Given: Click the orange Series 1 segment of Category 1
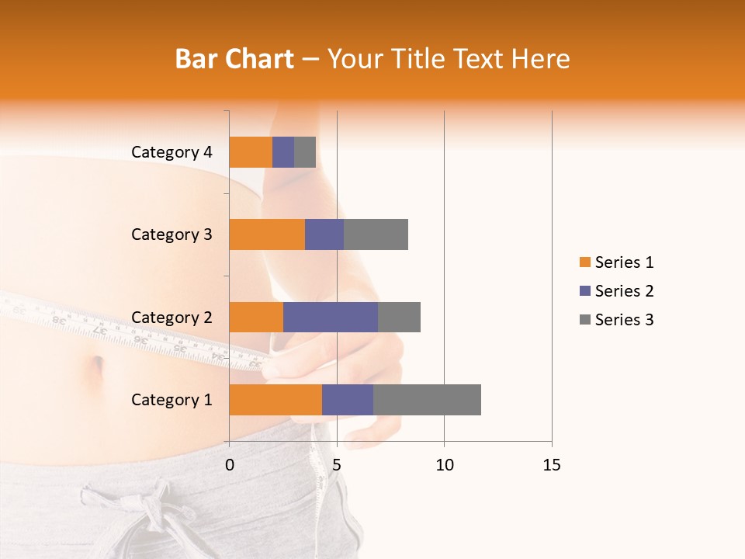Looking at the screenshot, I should click(275, 400).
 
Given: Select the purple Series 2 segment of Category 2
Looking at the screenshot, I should click(331, 317).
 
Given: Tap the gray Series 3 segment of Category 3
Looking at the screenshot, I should click(376, 234).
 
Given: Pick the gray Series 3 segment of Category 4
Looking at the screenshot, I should click(305, 152).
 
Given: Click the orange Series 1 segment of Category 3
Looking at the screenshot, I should click(267, 234).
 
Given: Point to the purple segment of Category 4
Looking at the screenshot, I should click(283, 152).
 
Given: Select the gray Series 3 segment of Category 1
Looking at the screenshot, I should click(427, 400).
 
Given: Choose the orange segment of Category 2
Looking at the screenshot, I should click(256, 317).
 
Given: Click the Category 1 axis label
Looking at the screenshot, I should click(171, 400).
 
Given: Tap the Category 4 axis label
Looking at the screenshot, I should click(171, 152).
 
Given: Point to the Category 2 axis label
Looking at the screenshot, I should click(171, 317).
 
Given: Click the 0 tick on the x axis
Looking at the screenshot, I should click(230, 465).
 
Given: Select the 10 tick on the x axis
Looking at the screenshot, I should click(444, 465).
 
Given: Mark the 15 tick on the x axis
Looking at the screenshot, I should click(551, 465).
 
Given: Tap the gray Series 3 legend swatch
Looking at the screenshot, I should click(584, 320).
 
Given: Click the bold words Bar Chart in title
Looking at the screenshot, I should click(234, 58).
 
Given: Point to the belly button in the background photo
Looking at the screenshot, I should click(98, 367).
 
